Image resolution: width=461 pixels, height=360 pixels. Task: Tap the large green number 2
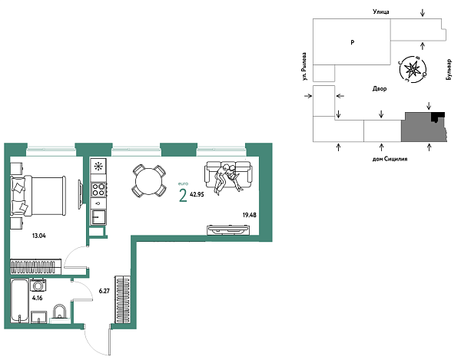click(182, 196)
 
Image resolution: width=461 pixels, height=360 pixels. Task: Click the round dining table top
click(146, 181)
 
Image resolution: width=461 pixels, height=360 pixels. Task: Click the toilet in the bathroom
click(58, 314)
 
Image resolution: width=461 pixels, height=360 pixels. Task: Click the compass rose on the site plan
click(413, 70)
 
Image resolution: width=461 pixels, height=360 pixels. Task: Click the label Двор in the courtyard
click(379, 89)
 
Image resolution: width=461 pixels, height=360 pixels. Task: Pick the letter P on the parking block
click(351, 43)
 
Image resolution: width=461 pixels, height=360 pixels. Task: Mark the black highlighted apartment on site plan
click(437, 117)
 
